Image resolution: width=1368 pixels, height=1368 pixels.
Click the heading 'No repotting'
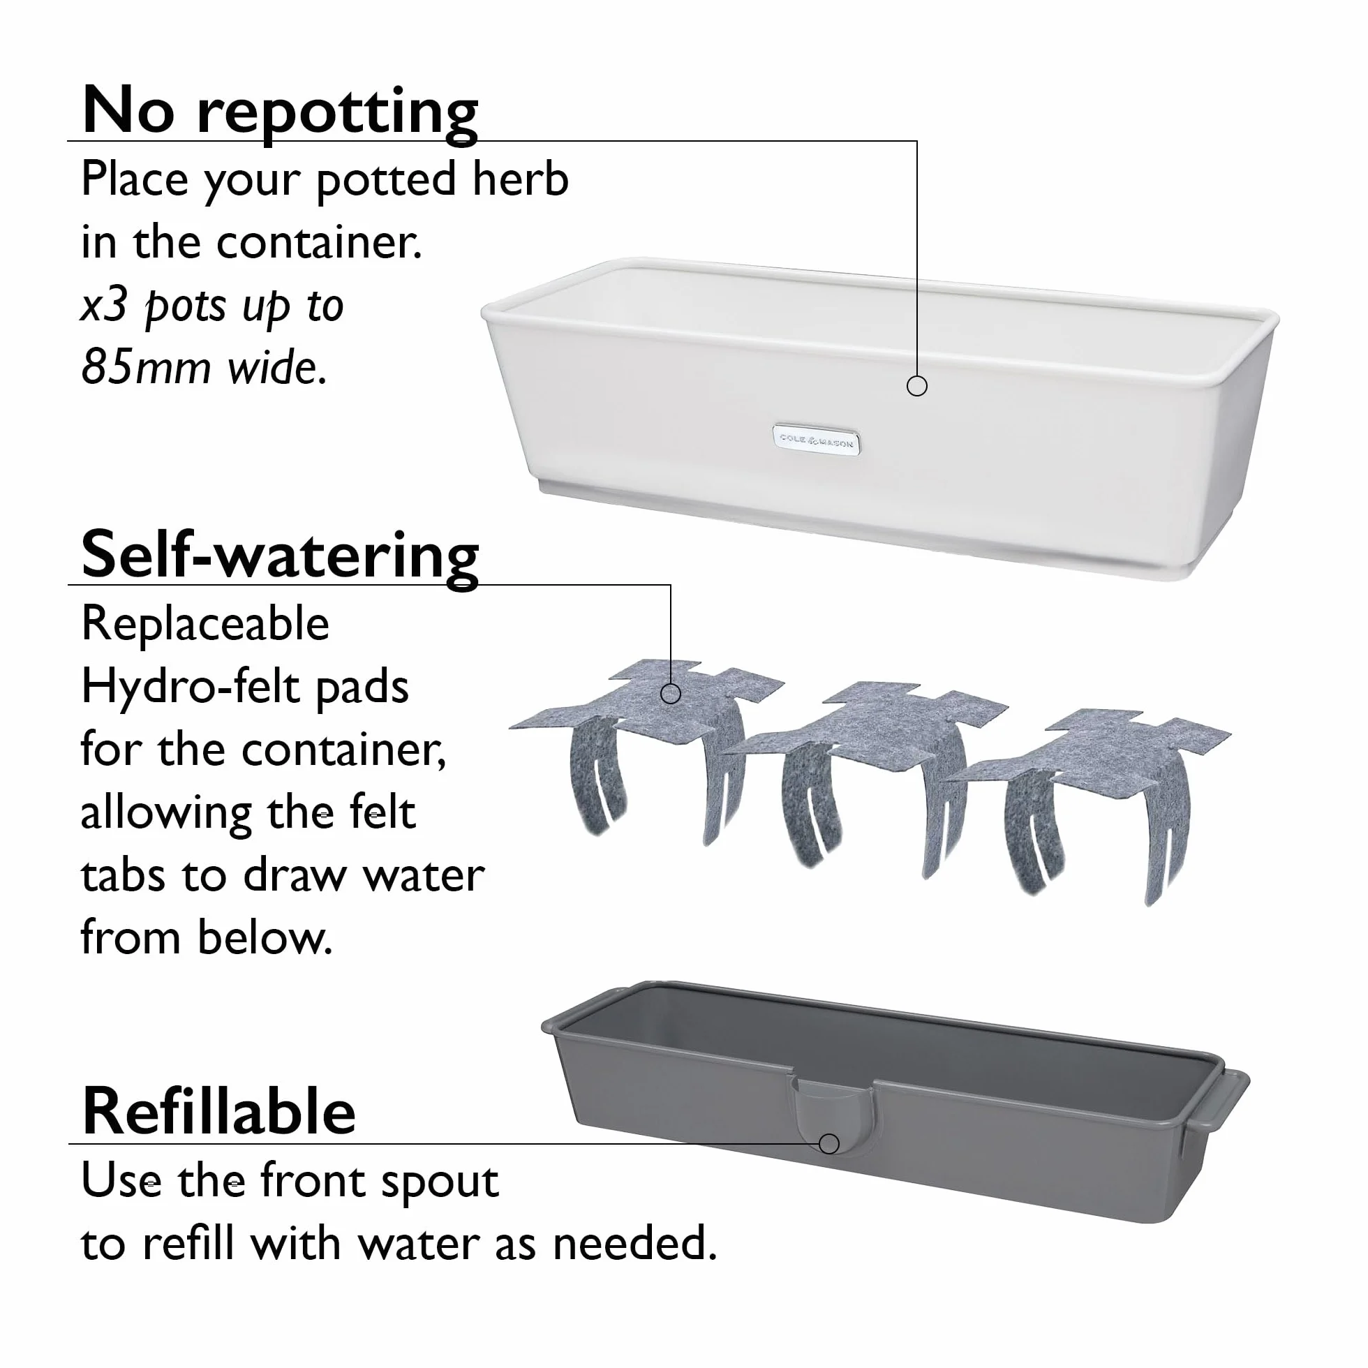coord(280,111)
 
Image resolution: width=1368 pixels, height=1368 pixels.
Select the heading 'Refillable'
coord(218,1111)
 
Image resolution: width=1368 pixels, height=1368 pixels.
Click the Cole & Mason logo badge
coord(817,440)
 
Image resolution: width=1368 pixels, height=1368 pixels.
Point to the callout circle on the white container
coord(917,386)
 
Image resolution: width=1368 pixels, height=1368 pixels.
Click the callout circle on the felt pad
coord(671,693)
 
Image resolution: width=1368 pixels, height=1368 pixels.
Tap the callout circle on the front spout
coord(829,1143)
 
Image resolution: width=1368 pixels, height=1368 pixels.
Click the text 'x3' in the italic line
coord(104,305)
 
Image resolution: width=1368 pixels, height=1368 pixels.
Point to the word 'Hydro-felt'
coord(191,686)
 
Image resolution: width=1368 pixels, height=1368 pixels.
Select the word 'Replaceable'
coord(205,623)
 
